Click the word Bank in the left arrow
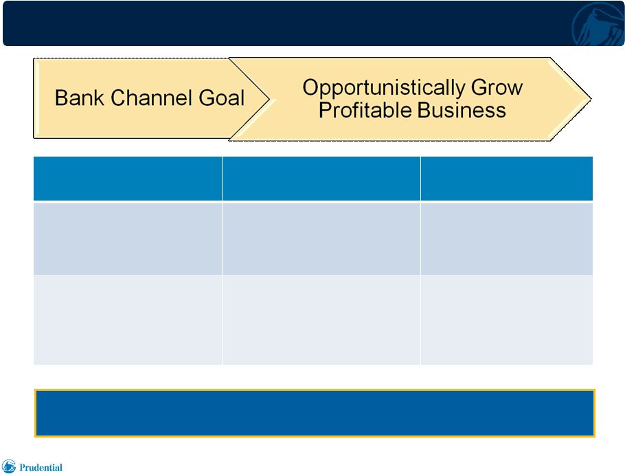coord(79,98)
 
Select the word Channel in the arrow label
coord(152,98)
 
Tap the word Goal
coord(222,98)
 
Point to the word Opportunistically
coord(383,88)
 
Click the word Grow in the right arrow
coord(497,87)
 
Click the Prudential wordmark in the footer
coord(41,468)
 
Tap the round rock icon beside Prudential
coord(9,466)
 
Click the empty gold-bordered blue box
coord(315,413)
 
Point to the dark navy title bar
coord(313,23)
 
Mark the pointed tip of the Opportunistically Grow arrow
coord(591,98)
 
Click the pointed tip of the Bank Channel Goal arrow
coord(270,98)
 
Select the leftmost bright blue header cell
coord(128,179)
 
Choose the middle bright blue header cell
coord(321,179)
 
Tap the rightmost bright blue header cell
coord(507,179)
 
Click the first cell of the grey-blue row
coord(128,239)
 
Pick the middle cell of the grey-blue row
coord(321,239)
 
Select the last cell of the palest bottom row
coord(507,320)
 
